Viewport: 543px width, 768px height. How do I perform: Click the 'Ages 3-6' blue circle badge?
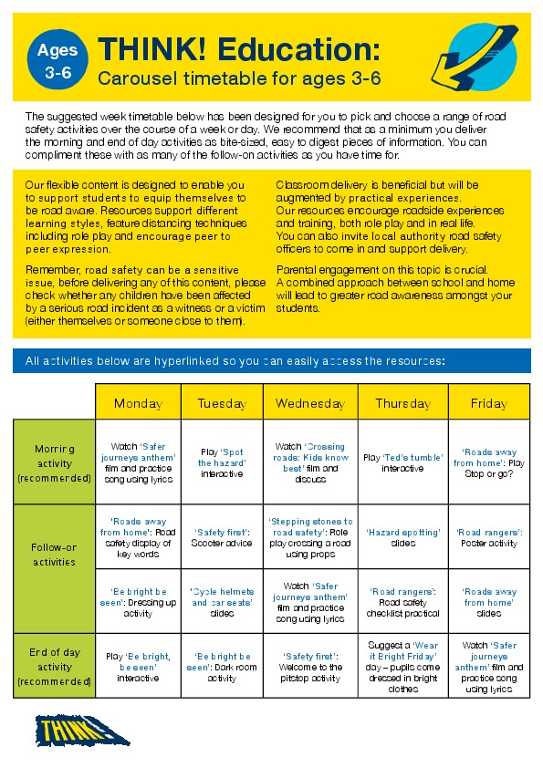57,61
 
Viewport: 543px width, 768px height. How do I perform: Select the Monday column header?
138,403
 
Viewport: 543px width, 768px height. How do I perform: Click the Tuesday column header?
222,403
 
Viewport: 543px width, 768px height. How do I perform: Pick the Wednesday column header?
310,403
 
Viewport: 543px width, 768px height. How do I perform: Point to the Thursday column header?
402,403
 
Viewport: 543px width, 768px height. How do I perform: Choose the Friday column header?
489,403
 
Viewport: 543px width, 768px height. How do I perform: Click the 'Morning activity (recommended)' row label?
55,462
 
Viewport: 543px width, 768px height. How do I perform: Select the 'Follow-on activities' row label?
55,555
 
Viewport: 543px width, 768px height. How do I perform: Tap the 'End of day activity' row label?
55,666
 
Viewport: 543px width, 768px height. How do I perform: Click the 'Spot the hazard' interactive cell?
222,462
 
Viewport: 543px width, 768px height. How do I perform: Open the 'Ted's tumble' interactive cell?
402,462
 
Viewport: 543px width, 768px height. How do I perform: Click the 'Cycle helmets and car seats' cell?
222,602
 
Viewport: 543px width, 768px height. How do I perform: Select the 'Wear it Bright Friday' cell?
402,667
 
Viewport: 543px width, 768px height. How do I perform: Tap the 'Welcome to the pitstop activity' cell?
310,667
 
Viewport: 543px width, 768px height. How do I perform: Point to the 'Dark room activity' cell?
222,667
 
